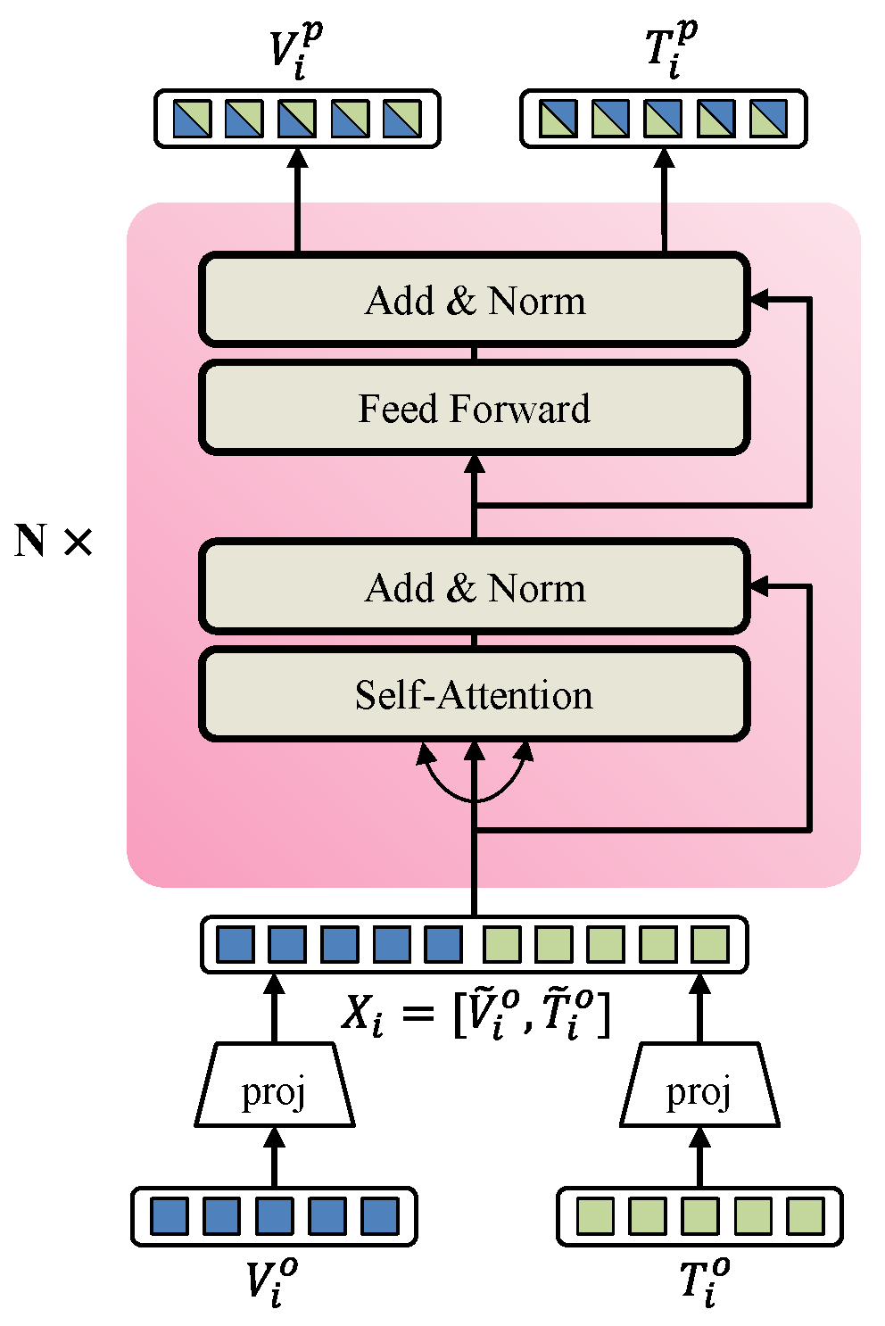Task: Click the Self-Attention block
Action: [474, 694]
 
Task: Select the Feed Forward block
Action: [474, 408]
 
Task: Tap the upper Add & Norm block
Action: [474, 301]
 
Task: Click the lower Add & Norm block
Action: [474, 587]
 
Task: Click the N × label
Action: [54, 541]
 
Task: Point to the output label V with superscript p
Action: [295, 51]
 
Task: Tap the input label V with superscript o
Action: [271, 1282]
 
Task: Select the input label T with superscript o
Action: [704, 1282]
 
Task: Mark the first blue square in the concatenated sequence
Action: [236, 944]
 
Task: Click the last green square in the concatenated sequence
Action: [710, 944]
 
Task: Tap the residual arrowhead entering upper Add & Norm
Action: [759, 300]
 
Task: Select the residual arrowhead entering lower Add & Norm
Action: [759, 586]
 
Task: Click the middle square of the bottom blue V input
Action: [274, 1216]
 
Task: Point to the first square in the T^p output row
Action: [558, 118]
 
